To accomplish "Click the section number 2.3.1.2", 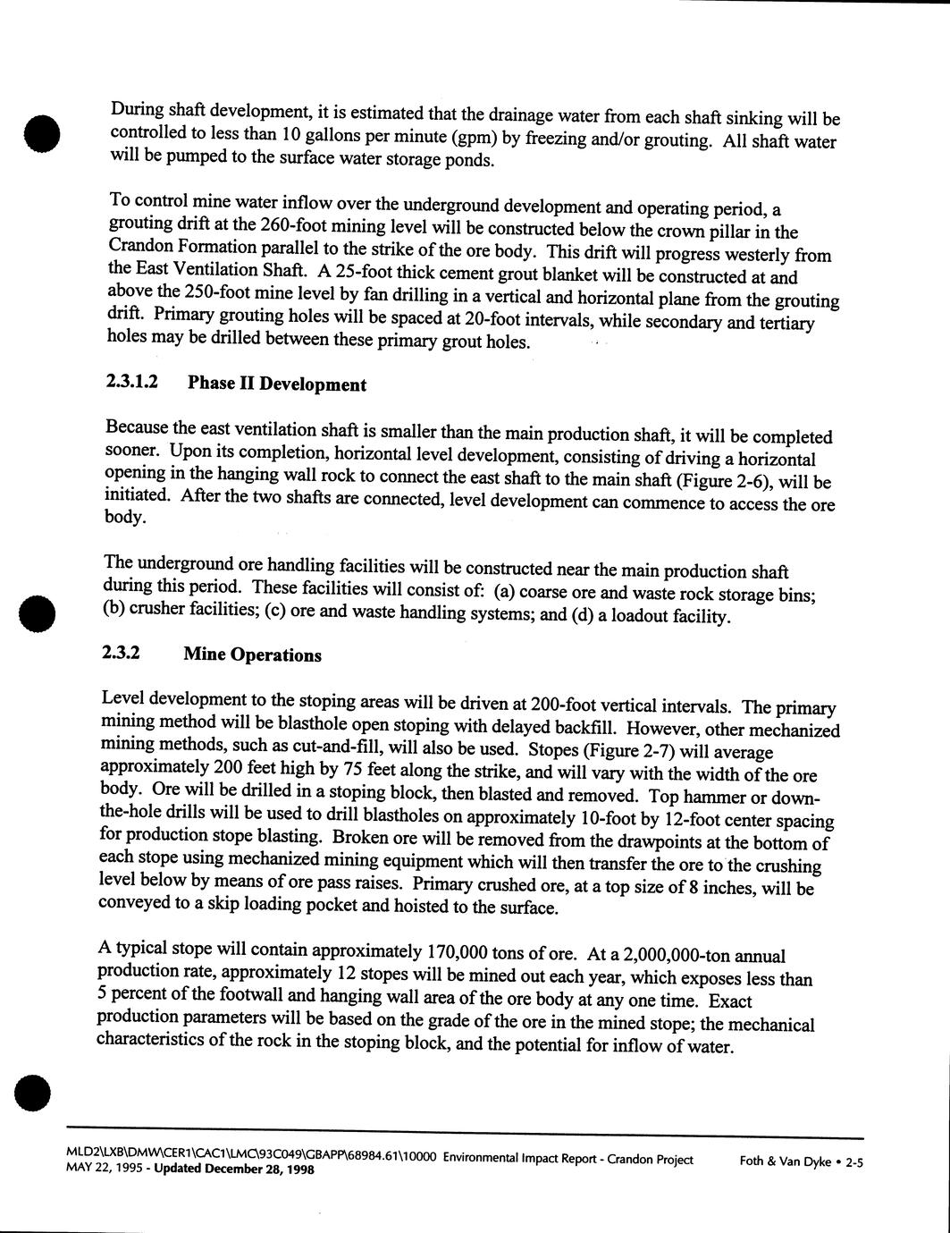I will point(132,382).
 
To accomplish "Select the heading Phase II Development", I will point(276,384).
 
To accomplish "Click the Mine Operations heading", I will point(252,655).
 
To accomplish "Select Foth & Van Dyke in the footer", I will point(786,1161).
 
